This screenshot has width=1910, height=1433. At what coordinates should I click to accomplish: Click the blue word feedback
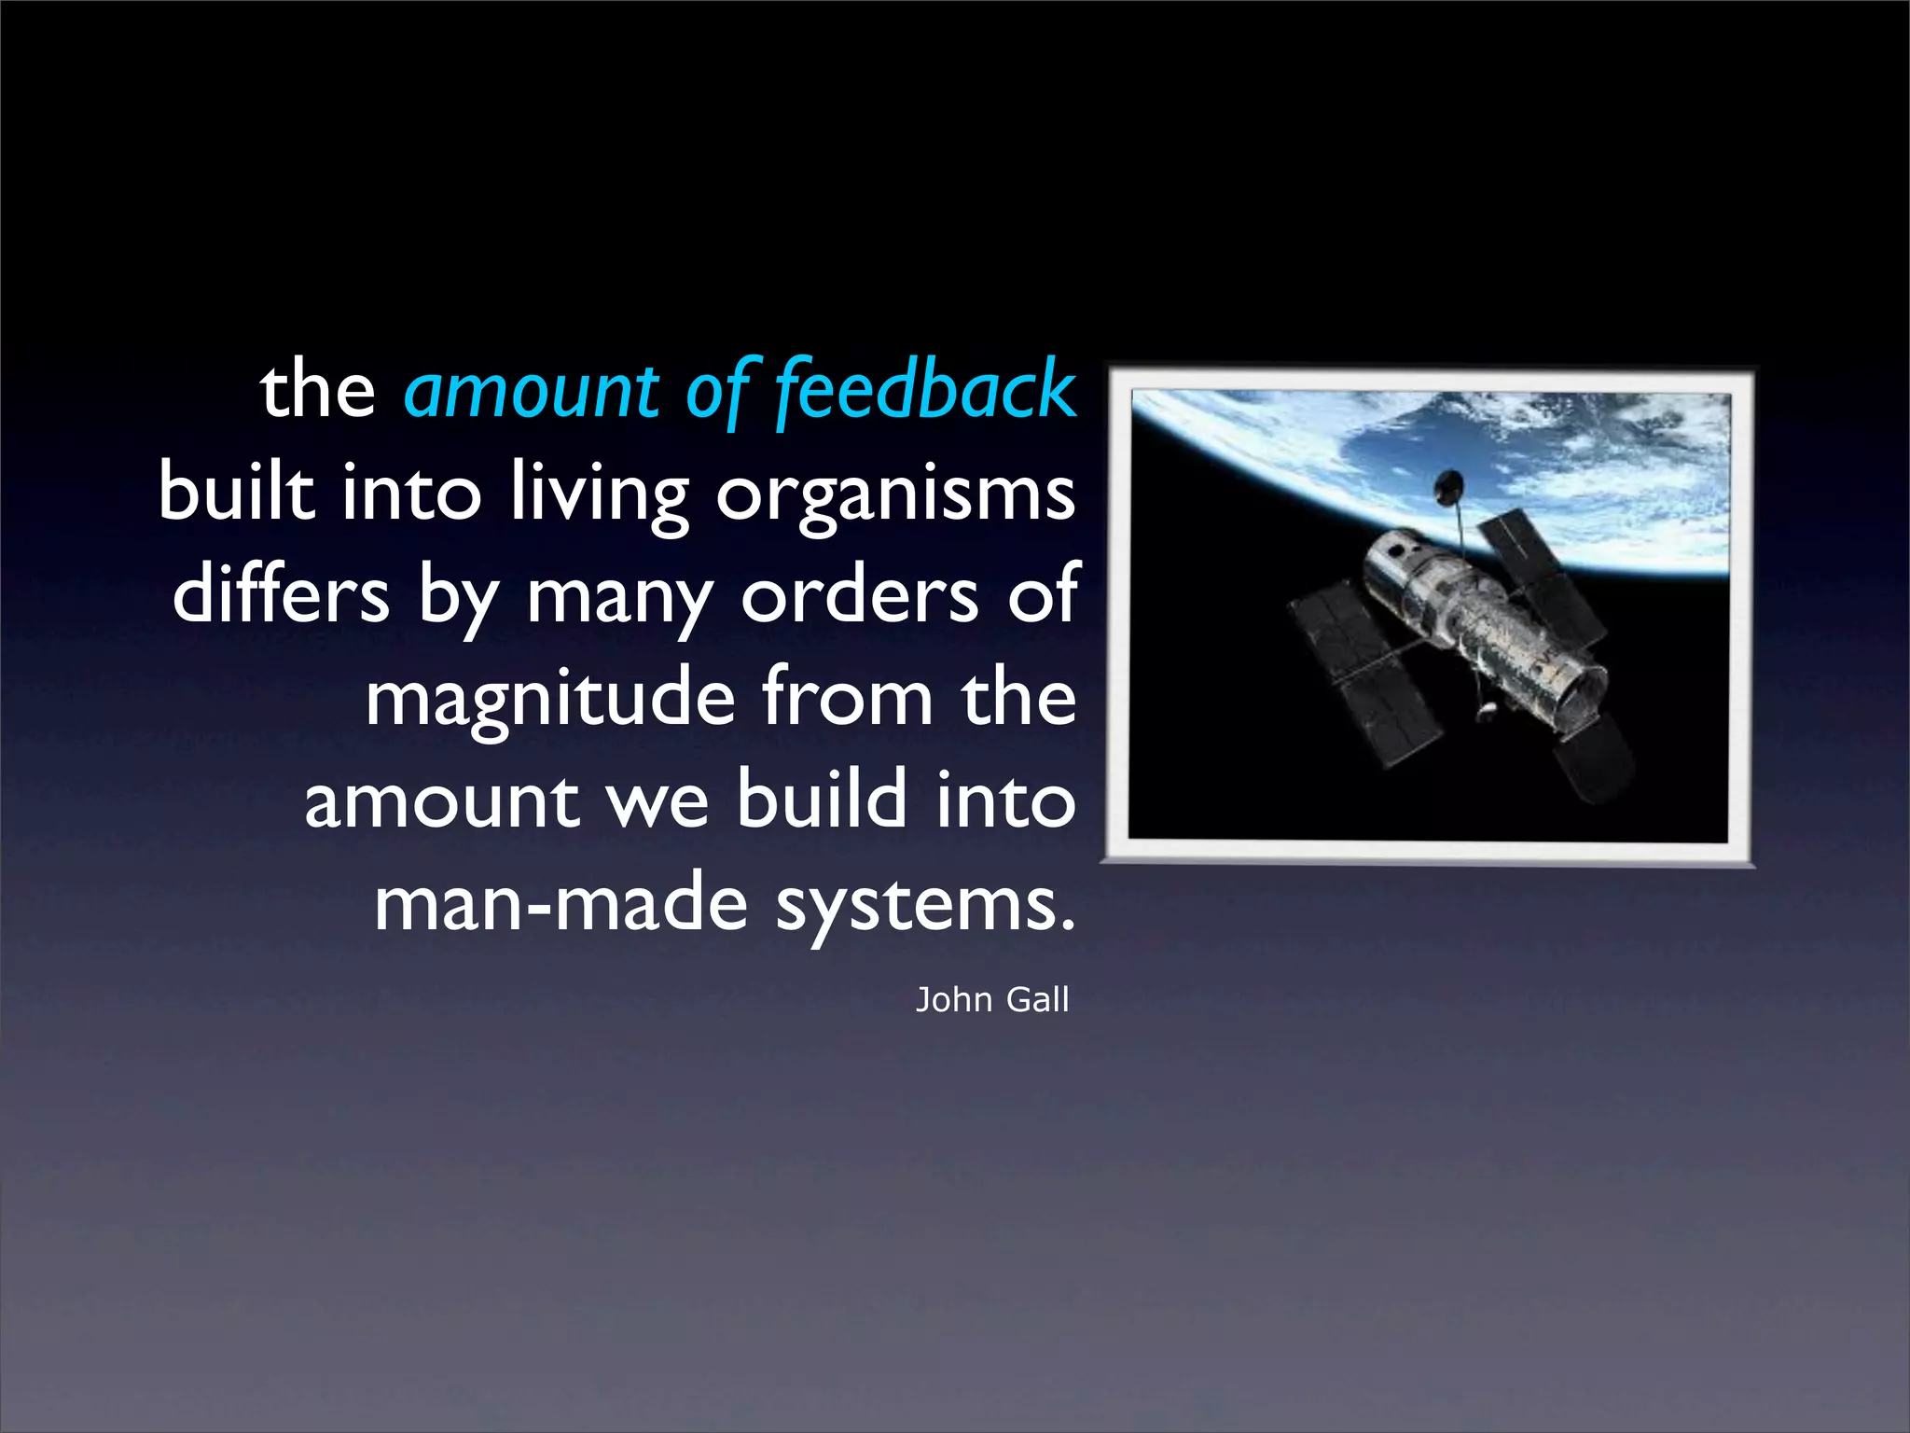[925, 390]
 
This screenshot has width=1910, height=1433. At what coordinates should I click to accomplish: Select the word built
[236, 492]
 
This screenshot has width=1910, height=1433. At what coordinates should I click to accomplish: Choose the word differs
[281, 594]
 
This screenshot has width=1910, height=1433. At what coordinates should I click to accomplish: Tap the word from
[847, 697]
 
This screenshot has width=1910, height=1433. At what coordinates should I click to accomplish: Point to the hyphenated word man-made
[561, 903]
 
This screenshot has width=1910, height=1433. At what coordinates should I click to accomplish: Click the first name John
[953, 1000]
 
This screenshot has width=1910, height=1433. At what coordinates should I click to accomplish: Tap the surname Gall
[1037, 1000]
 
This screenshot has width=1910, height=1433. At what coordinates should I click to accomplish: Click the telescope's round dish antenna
[1447, 485]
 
